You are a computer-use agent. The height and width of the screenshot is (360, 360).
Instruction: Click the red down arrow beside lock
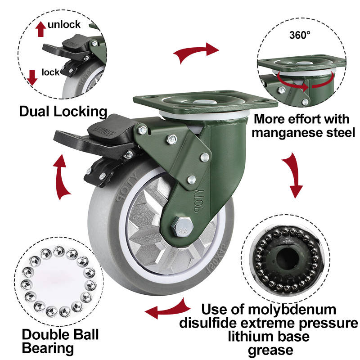(x=32, y=77)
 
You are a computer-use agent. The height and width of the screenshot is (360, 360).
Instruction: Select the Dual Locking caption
(x=63, y=111)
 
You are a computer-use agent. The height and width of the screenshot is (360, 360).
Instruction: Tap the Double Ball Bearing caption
(x=54, y=341)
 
